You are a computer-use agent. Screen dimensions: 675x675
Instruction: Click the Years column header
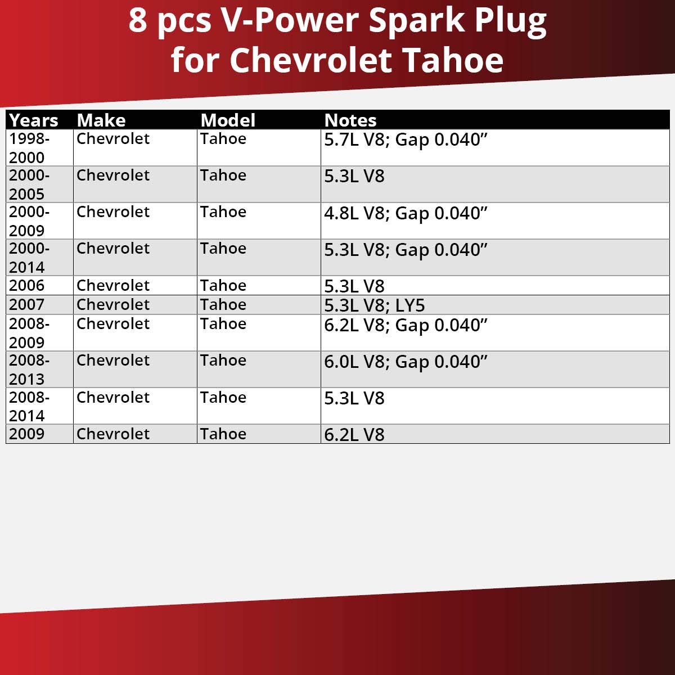tap(34, 120)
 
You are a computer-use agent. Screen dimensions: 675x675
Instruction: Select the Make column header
tap(101, 120)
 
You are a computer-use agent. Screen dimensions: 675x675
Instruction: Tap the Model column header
tap(228, 120)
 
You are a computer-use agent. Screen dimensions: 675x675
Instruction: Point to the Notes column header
tap(350, 120)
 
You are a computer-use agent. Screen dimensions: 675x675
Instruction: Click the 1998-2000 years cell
tap(29, 148)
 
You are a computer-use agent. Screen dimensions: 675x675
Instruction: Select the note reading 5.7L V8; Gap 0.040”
tap(406, 140)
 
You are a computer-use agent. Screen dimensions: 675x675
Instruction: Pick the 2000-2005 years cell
tap(29, 184)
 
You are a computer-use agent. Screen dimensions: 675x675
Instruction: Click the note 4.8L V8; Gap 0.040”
tap(406, 214)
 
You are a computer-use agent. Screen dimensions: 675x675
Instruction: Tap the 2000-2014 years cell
tap(29, 258)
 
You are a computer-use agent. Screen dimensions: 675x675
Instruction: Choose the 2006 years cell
tap(26, 285)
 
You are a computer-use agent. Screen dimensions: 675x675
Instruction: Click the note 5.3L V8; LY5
tap(375, 305)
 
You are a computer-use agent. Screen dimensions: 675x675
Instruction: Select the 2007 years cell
tap(26, 305)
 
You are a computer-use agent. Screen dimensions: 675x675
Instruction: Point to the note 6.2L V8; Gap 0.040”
tap(406, 325)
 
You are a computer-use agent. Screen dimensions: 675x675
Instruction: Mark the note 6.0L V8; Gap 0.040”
tap(406, 362)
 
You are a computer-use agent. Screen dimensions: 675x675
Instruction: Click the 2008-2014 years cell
tap(29, 406)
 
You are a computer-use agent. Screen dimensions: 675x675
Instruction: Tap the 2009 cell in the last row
tap(26, 434)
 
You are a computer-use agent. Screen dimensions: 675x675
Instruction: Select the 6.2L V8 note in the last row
tap(354, 435)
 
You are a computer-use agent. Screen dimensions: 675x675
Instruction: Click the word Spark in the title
tap(417, 21)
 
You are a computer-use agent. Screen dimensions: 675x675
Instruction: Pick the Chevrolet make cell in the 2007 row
tap(113, 305)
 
